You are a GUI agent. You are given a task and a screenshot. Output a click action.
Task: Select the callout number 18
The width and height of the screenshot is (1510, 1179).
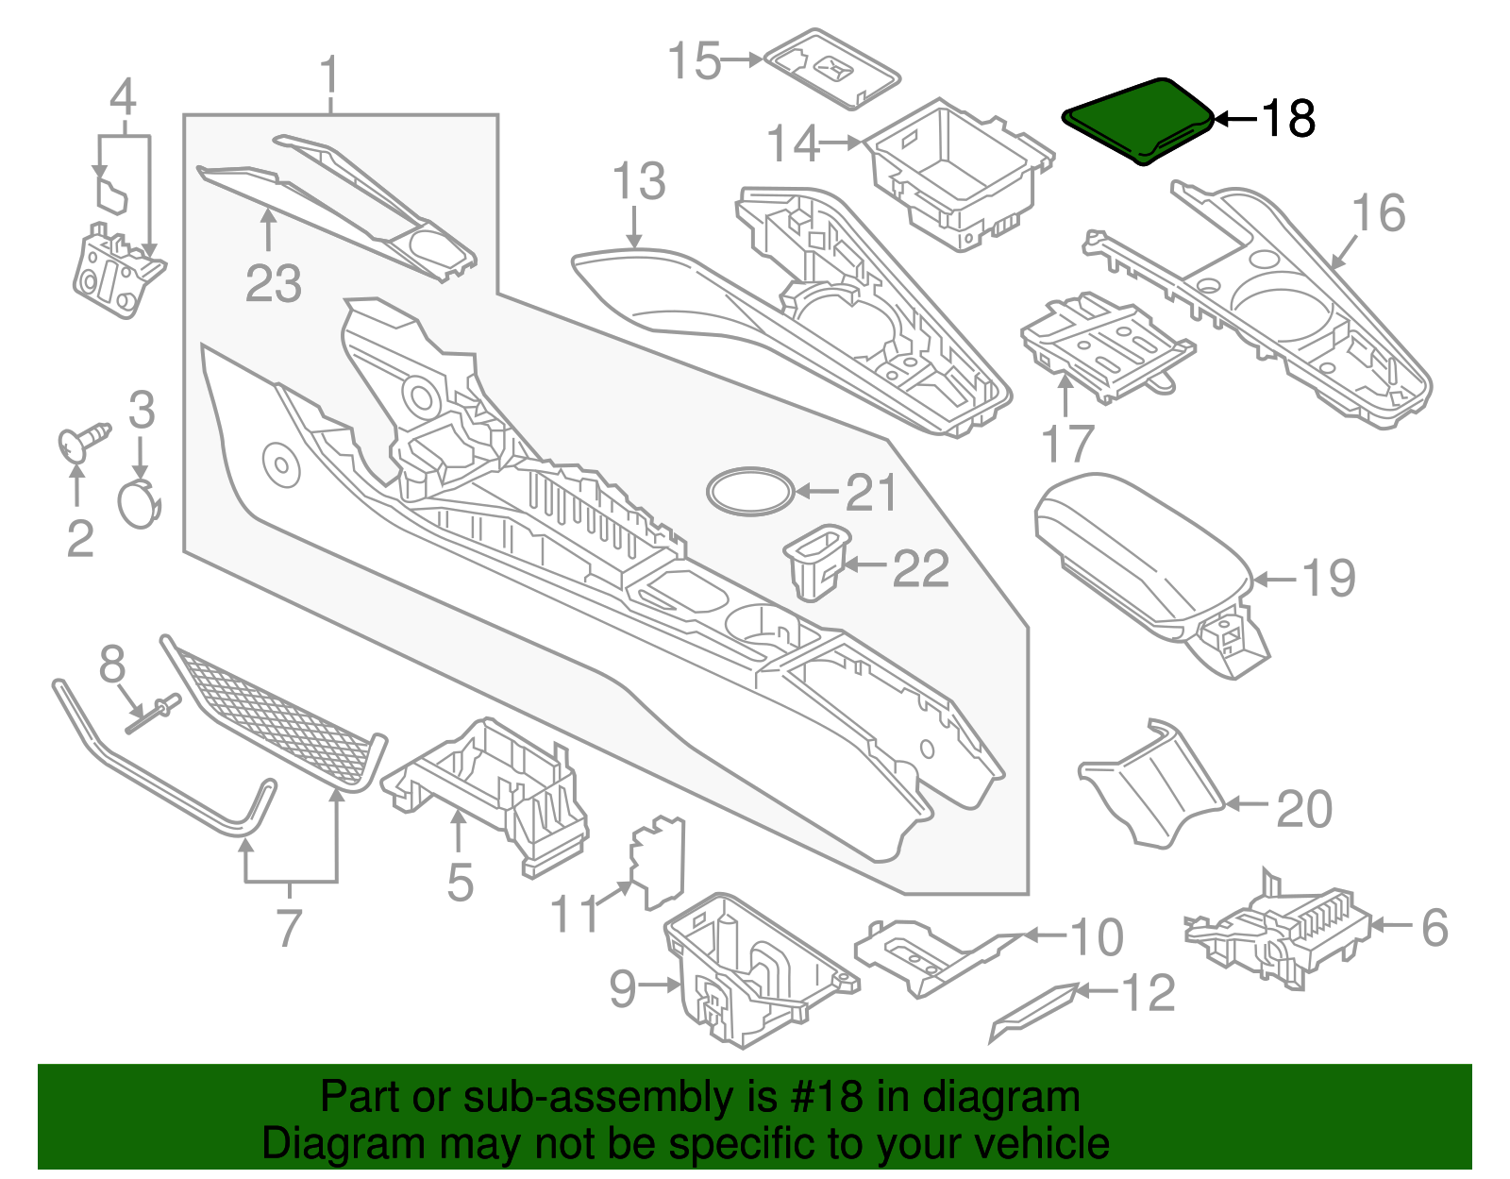pos(1287,119)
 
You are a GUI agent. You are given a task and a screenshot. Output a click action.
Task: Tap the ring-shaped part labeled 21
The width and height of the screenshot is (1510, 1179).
pos(751,491)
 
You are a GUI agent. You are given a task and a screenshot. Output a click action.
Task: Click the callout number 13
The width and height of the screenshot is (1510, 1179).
pos(639,182)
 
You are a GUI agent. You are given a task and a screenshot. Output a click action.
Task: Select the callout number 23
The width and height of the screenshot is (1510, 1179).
pos(274,283)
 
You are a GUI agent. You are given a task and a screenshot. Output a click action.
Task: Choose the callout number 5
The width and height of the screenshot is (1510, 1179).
pos(460,883)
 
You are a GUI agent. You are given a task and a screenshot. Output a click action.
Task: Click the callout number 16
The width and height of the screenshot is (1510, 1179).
pos(1379,213)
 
